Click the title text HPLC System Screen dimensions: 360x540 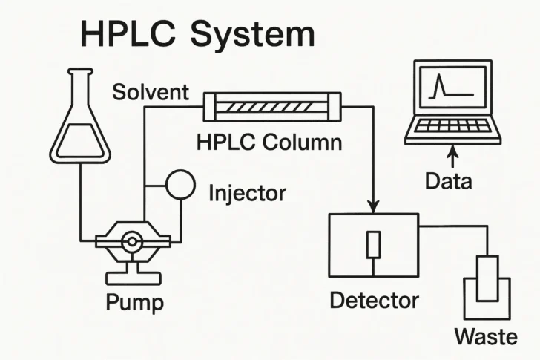point(197,35)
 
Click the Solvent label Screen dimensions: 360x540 point(151,94)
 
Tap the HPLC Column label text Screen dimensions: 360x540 point(269,141)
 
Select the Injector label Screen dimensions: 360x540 point(247,193)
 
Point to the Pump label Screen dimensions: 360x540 point(135,302)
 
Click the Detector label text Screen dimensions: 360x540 point(374,301)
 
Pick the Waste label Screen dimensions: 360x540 point(486,336)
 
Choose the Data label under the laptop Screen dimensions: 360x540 point(448,180)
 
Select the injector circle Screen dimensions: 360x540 point(180,184)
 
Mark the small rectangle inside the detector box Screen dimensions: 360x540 point(374,243)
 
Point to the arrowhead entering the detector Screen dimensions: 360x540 point(374,205)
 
